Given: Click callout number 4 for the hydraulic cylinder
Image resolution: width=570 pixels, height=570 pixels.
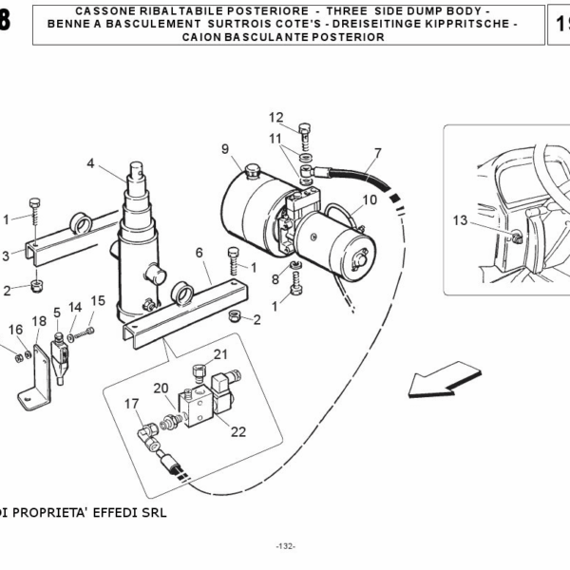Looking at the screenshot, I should [x=91, y=163].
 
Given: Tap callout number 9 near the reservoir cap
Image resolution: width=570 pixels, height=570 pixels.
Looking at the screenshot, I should [x=225, y=148].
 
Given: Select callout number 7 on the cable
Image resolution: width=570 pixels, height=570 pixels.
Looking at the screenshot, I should [x=377, y=153].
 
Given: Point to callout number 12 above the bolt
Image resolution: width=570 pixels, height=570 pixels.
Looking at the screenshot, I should [x=275, y=118].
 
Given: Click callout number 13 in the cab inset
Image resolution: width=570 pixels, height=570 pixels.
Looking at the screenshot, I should [x=460, y=220].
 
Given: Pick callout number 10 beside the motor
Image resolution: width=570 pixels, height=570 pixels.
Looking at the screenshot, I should [x=370, y=200].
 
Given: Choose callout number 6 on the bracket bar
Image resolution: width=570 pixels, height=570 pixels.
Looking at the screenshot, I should [x=199, y=252].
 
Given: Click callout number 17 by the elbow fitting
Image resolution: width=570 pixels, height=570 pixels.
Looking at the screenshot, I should [x=132, y=404].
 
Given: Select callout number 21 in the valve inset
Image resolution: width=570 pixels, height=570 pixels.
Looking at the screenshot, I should [x=220, y=354].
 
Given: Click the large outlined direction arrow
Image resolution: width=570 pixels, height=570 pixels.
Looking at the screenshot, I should [x=435, y=383].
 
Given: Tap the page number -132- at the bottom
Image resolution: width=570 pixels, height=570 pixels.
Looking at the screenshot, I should [x=285, y=546].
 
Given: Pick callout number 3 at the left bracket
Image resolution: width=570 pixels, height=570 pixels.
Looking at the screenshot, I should [x=5, y=256].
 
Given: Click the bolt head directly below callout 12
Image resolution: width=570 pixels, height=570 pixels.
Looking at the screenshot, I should [x=304, y=130].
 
